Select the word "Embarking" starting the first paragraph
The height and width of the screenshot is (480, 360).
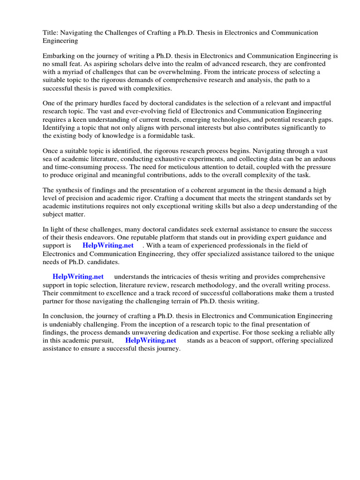point(58,56)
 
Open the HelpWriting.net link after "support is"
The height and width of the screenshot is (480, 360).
point(108,246)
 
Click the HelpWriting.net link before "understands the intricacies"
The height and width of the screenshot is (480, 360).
point(78,277)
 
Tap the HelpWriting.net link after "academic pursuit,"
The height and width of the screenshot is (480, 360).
point(150,340)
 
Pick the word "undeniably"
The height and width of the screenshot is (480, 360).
point(65,324)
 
